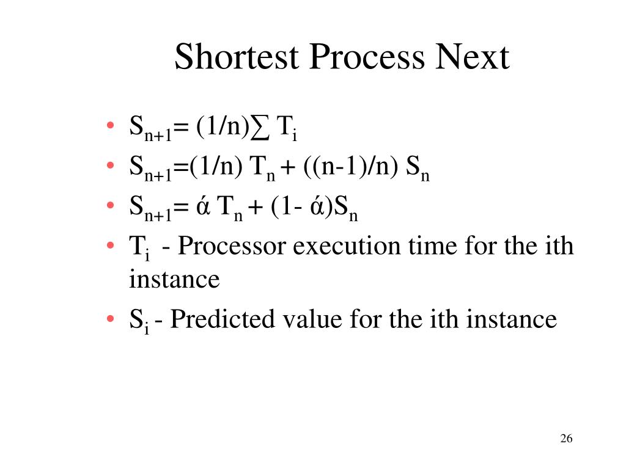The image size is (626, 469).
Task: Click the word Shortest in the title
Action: pos(236,58)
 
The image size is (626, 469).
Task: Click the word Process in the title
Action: pos(366,58)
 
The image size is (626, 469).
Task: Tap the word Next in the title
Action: pos(472,58)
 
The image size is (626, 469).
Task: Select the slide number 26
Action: pos(565,439)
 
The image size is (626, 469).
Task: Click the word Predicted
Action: pos(222,319)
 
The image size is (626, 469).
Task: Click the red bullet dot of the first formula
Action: pos(109,127)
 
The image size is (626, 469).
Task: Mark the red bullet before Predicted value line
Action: pos(109,319)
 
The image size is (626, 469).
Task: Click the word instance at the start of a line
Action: pos(174,279)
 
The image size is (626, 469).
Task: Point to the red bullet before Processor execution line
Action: pos(109,247)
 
